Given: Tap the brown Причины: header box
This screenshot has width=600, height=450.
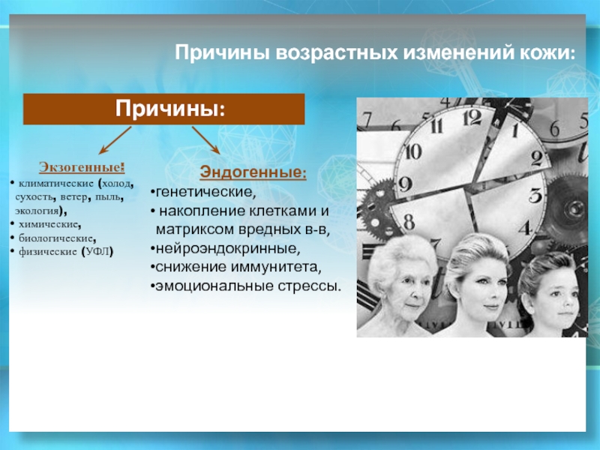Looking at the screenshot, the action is (x=163, y=109).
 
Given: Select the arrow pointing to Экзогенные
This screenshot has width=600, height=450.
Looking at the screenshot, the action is (x=115, y=140).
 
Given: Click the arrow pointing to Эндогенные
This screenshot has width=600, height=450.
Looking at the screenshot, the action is (x=205, y=140).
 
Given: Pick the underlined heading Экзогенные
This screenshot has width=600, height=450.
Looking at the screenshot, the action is (x=82, y=167).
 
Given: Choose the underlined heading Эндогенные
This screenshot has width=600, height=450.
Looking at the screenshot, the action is (x=253, y=172).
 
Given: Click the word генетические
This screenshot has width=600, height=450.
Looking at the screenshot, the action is (x=205, y=192).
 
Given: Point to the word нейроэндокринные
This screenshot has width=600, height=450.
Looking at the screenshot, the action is (x=227, y=249).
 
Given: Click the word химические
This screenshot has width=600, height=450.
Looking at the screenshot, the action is (x=49, y=224).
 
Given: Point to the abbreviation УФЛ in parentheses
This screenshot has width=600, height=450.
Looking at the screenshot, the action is (x=97, y=252).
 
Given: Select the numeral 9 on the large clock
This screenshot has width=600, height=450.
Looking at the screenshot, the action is (x=405, y=184).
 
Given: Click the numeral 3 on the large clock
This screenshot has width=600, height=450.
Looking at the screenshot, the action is (x=535, y=196).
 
